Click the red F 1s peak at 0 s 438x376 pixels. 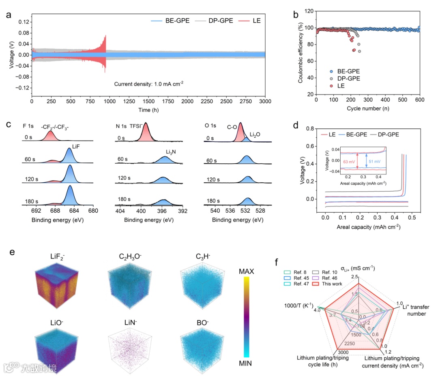pos(50,136)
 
